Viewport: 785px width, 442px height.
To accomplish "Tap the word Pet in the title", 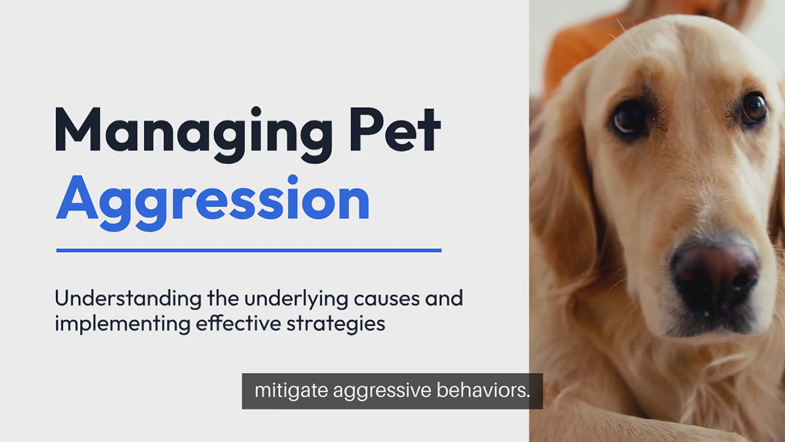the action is (395, 129).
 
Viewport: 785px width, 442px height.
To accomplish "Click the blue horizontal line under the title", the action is (249, 250).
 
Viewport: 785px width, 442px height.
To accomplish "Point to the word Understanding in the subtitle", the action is (128, 298).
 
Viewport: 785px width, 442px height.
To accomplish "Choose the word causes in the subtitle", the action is (387, 300).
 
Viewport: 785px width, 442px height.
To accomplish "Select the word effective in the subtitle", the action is (238, 323).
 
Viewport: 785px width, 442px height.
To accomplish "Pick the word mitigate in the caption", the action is (291, 390).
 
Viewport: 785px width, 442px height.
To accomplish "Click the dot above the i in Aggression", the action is (293, 180).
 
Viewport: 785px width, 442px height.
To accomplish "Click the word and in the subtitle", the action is (444, 298).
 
